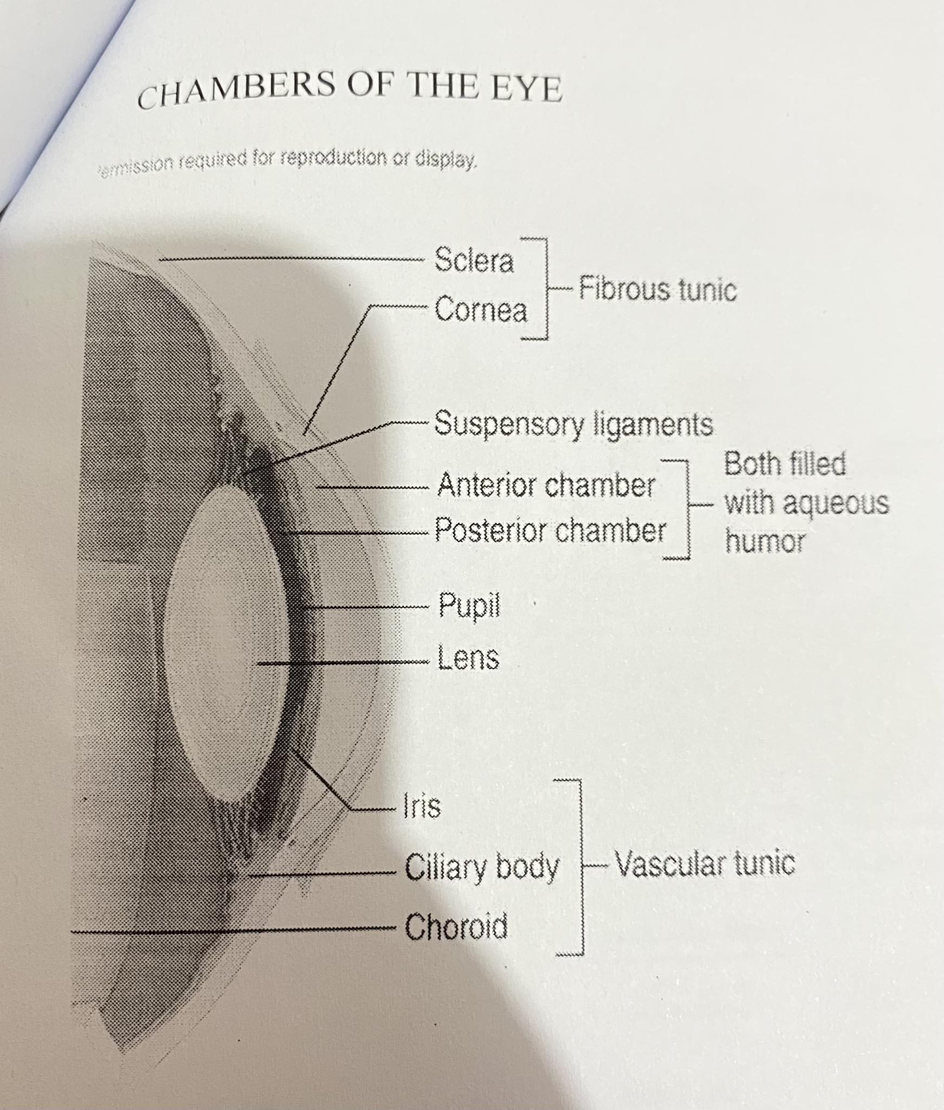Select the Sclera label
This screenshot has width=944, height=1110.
[x=473, y=261]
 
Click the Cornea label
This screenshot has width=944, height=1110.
[x=480, y=311]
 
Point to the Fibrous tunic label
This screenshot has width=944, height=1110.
[x=657, y=289]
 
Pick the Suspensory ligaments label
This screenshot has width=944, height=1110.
[x=573, y=424]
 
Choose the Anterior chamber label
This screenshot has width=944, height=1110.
[x=546, y=485]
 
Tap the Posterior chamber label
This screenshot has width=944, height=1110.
[x=550, y=531]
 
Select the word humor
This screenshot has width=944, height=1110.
[x=765, y=541]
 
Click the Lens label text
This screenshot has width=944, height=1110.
[x=468, y=659]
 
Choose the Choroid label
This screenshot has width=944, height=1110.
[x=456, y=926]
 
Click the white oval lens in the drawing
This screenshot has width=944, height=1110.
[x=225, y=640]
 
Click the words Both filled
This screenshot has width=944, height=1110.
[x=785, y=464]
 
